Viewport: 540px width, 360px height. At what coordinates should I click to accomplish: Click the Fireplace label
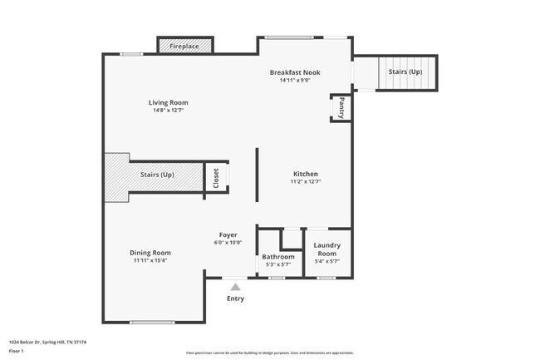pos(184,47)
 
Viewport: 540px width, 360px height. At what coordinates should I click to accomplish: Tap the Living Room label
pos(169,103)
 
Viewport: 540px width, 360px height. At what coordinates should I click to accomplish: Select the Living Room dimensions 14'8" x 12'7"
pos(169,111)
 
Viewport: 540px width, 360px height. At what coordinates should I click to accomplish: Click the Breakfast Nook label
pos(294,72)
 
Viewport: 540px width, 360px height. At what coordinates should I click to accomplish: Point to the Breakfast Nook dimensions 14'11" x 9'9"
pos(294,81)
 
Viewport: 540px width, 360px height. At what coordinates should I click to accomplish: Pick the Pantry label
pos(341,108)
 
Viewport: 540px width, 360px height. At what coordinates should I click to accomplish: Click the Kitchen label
pos(305,174)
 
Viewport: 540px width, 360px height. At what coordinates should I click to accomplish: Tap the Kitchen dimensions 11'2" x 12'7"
pos(305,181)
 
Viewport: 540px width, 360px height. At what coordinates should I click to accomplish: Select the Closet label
pos(216,178)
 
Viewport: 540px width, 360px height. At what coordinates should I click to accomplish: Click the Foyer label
pos(228,234)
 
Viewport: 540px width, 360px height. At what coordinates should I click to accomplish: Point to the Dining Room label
pos(150,253)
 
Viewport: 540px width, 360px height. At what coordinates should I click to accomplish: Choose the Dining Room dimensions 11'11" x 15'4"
pos(150,260)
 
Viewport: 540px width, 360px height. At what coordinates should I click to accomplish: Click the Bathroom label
pos(278,257)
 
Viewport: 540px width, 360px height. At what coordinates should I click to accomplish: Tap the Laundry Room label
pos(326,249)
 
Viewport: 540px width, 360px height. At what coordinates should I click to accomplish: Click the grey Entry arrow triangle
pos(235,287)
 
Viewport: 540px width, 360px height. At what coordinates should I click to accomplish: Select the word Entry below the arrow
pos(236,298)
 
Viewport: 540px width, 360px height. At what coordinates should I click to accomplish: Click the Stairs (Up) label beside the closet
pos(157,175)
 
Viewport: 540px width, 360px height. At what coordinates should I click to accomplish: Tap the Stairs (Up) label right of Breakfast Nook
pos(405,72)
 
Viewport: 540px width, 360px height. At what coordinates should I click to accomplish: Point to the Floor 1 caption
pos(16,351)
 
